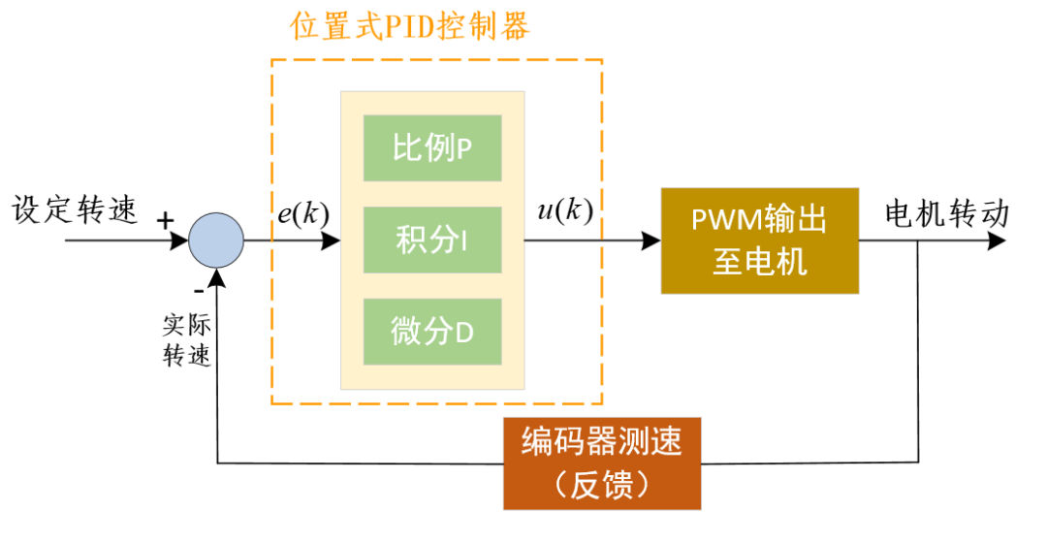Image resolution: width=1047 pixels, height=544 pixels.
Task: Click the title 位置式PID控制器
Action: pos(410,26)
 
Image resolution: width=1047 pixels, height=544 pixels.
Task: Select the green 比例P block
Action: pos(432,148)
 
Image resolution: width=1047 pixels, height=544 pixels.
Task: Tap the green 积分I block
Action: pos(432,240)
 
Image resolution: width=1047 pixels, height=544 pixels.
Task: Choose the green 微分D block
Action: pos(432,332)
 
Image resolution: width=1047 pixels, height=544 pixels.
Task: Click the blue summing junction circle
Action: pos(215,240)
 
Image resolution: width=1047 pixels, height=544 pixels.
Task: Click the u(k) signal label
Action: pos(564,210)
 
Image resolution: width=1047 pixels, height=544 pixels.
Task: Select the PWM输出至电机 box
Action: pos(759,240)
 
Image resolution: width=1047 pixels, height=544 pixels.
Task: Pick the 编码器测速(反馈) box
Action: pos(602,463)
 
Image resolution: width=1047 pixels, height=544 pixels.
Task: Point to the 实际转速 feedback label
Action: pos(187,339)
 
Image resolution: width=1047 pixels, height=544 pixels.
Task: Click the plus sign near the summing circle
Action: pos(166,221)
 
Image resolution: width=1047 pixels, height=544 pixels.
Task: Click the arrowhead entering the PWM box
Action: pos(651,240)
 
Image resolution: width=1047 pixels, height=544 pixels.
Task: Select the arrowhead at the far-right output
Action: pos(996,240)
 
